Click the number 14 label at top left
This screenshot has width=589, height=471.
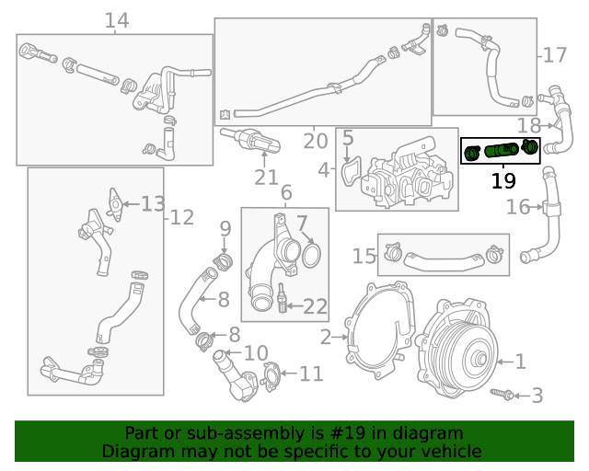pos(116,20)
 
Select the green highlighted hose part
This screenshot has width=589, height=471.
pos(501,149)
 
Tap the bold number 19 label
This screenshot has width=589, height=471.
pos(503,180)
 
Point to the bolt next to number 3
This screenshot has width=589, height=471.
pos(505,395)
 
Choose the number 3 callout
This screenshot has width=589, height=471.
pos(537,396)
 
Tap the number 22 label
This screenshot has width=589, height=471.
pos(315,306)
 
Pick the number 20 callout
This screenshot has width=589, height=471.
pos(315,142)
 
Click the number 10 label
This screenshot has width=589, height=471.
pos(256,352)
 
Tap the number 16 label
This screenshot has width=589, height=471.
pos(518,207)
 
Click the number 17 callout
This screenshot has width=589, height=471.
pos(555,56)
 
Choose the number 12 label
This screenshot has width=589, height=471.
pos(181,217)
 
